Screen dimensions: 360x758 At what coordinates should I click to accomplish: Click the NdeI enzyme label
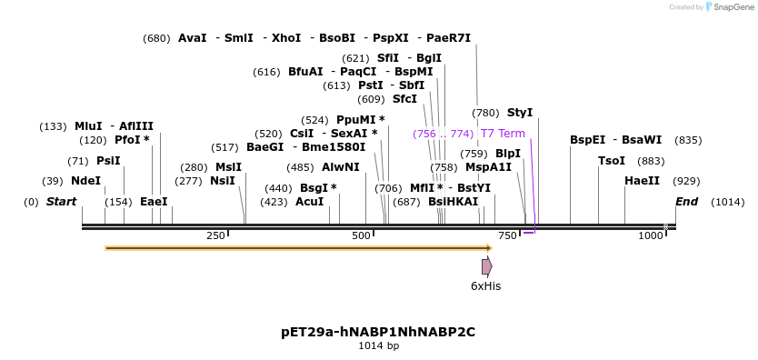coord(85,181)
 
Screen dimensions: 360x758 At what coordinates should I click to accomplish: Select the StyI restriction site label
coord(520,113)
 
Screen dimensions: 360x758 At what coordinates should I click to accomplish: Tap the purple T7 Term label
coord(503,134)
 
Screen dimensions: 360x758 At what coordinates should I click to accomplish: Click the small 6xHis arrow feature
coord(487,266)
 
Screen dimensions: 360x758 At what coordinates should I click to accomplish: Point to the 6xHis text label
coord(485,286)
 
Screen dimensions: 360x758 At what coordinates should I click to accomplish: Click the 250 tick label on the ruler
coord(215,236)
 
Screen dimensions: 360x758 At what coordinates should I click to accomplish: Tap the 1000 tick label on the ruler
coord(651,236)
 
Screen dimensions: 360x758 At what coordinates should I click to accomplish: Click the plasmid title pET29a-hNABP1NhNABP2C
coord(378,332)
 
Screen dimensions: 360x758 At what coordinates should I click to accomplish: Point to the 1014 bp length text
coord(378,346)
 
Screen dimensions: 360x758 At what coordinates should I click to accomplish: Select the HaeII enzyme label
coord(642,181)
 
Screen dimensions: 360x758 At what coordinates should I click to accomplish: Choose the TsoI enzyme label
coord(612,161)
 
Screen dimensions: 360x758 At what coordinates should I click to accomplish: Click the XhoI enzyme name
coord(286,38)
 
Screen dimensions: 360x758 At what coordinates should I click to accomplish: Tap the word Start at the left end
coord(61,202)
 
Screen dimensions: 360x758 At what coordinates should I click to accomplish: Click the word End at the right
coord(686,202)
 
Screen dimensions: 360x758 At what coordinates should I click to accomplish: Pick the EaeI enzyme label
coord(154,202)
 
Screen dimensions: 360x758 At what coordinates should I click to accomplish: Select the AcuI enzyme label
coord(309,202)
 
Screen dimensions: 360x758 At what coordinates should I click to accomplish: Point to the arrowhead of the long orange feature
coord(489,247)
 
